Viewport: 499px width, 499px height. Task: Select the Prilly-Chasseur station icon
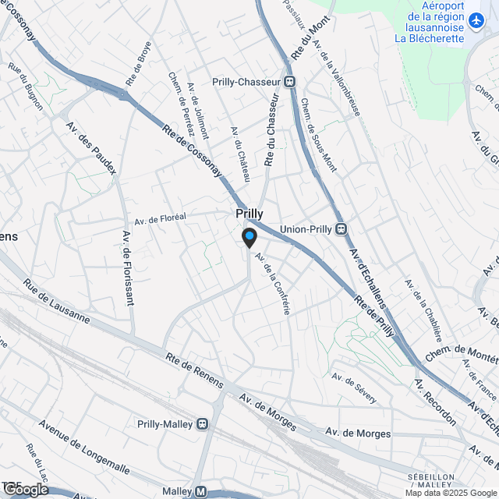[290, 81]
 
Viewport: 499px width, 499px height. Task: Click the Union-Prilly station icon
[341, 229]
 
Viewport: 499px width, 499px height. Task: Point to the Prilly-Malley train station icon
[203, 423]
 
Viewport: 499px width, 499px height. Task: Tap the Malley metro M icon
[200, 491]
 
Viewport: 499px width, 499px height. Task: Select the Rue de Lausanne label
[55, 302]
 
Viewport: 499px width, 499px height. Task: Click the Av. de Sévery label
[354, 388]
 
